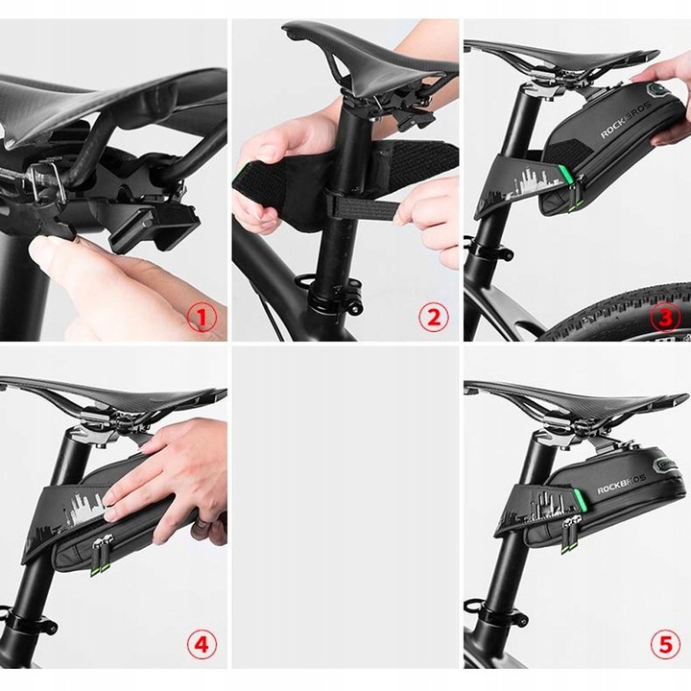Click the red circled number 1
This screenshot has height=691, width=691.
[202, 318]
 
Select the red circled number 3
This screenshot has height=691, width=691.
[666, 318]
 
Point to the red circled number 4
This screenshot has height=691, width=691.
[202, 644]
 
